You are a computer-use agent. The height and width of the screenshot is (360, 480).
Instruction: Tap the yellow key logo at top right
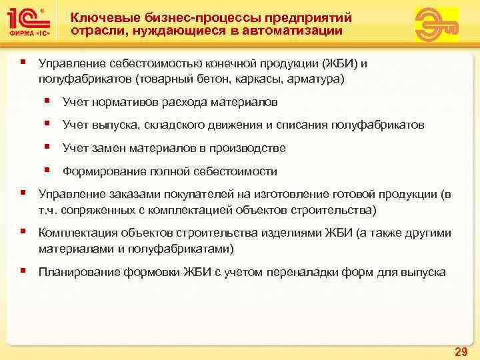tap(436, 25)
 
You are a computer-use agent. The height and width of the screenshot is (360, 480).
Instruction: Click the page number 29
tap(460, 351)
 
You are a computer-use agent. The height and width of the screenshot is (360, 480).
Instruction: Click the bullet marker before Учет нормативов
tap(49, 102)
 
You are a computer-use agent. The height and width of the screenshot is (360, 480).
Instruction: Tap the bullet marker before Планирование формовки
tap(23, 271)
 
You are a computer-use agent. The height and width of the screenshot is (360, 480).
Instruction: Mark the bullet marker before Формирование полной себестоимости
tap(49, 171)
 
